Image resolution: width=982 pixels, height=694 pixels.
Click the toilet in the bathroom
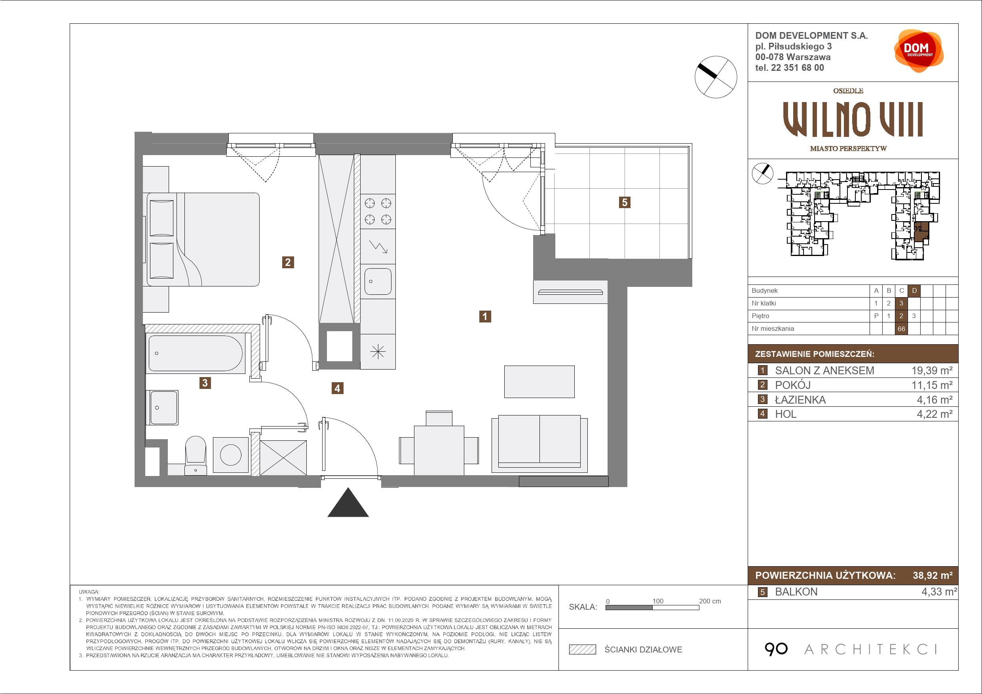tap(196, 455)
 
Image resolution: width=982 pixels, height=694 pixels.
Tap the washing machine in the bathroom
tap(230, 455)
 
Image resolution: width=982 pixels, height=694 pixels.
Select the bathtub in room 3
tap(196, 353)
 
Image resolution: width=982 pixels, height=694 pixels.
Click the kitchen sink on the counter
tap(378, 281)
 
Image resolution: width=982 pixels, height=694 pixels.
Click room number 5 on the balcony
tap(625, 202)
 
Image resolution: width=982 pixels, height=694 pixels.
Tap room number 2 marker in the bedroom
tap(288, 262)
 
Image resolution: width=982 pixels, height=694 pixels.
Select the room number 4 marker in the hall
tap(338, 388)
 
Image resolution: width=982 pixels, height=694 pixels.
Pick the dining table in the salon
tap(439, 450)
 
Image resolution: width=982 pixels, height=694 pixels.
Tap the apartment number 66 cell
tap(902, 329)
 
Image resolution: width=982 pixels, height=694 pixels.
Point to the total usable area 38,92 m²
tap(933, 575)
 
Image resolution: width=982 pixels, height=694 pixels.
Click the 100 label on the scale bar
tap(658, 601)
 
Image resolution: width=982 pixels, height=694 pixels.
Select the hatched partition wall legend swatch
tap(583, 650)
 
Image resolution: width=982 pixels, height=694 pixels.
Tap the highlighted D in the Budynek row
tap(914, 291)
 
